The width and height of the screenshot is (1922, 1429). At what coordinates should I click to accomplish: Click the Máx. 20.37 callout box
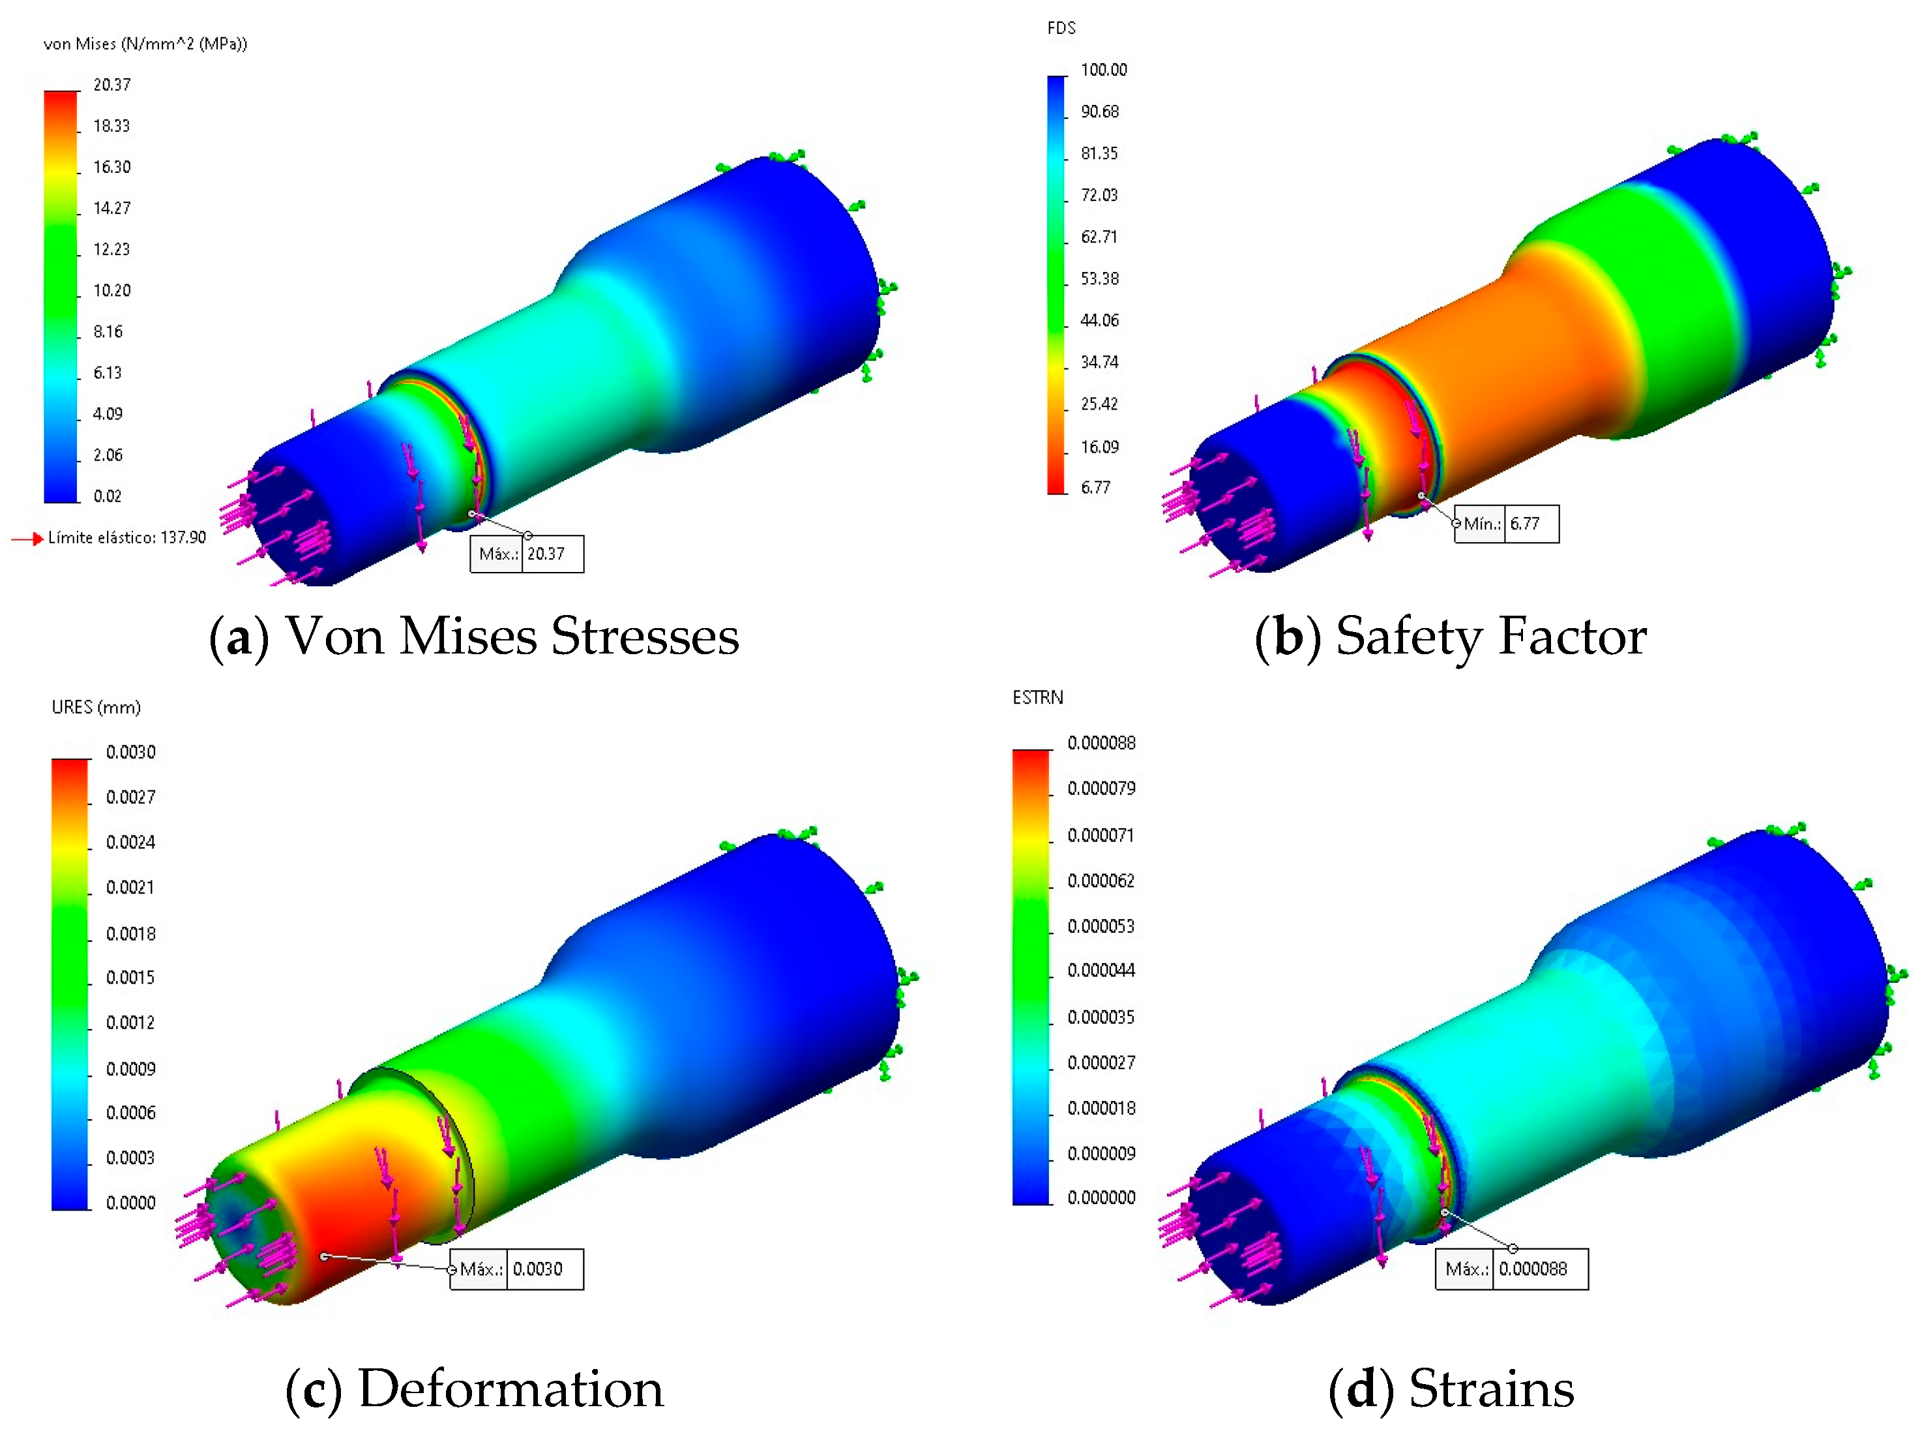527,554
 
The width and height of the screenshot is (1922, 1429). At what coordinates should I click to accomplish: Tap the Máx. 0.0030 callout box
516,1269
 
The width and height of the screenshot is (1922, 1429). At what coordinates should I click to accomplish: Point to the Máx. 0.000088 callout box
1511,1269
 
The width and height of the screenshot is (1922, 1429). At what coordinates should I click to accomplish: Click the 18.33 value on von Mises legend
111,127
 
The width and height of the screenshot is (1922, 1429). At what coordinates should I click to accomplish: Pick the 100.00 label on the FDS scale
1103,70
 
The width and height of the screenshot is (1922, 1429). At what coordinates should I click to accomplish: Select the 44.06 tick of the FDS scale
1099,321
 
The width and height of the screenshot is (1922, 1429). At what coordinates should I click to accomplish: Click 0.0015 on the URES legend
130,978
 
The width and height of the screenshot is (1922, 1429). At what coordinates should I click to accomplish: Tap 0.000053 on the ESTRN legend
1101,926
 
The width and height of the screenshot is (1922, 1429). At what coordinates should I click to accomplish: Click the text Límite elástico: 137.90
127,538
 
